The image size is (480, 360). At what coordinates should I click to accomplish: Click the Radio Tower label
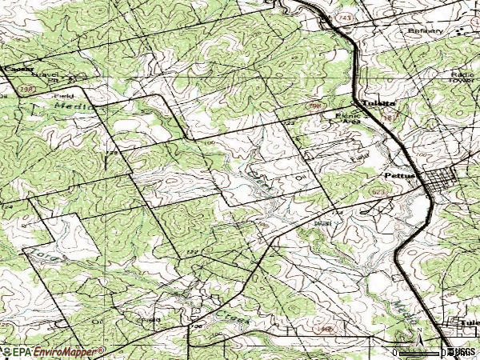(x=463, y=78)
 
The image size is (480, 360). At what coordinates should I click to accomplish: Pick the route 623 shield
(x=378, y=193)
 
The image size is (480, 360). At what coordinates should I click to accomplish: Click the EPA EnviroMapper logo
(x=53, y=351)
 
